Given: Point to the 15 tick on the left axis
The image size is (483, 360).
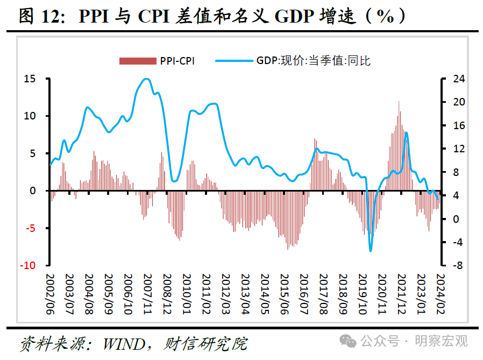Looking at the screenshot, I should [x=30, y=79].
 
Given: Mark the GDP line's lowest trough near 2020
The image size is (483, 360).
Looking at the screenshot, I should [x=371, y=250].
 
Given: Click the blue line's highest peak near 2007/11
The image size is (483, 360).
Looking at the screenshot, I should [x=146, y=79].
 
